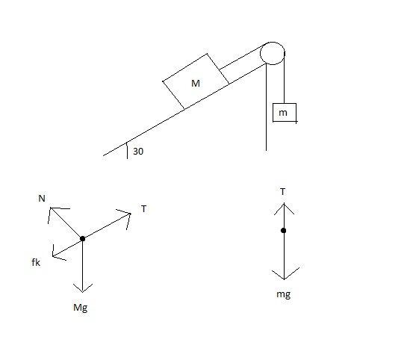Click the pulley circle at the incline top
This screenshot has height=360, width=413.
(x=273, y=42)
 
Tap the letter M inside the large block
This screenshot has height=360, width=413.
(x=196, y=84)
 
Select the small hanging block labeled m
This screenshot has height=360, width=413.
(x=285, y=113)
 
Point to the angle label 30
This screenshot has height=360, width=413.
(x=138, y=152)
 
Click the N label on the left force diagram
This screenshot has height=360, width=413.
(x=42, y=199)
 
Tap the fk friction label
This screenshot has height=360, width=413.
(x=36, y=262)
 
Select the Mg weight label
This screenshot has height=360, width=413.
(x=81, y=308)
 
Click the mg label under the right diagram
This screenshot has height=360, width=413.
(x=283, y=294)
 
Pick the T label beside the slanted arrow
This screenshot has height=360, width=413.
(x=143, y=209)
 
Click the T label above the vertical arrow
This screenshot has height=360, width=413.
(x=282, y=192)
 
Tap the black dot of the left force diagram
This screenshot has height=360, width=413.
(x=82, y=238)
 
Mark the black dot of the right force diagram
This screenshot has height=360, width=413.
(x=283, y=231)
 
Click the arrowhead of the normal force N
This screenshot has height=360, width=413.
(x=50, y=208)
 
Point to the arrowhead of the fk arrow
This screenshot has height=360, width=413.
(x=53, y=256)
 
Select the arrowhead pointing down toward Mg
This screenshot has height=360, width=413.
(x=82, y=292)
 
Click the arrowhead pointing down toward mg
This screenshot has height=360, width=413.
(x=284, y=279)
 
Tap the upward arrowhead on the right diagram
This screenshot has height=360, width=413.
(x=284, y=203)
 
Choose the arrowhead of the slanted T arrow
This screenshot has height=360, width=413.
(x=131, y=214)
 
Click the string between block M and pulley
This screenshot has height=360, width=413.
(x=240, y=58)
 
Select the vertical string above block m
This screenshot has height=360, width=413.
(x=285, y=78)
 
